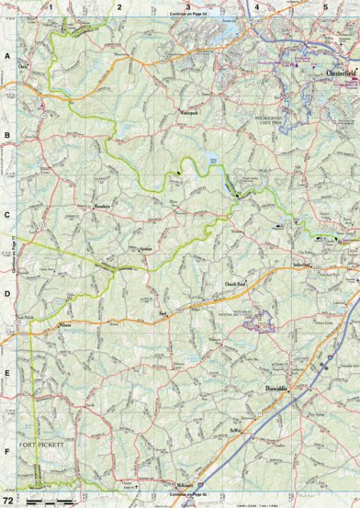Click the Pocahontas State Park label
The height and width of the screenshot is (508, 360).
tap(275, 119)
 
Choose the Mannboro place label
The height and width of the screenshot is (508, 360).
tap(102, 207)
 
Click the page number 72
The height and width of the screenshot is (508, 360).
tap(9, 500)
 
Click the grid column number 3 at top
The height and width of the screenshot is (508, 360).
tap(188, 6)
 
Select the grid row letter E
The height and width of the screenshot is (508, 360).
tap(7, 374)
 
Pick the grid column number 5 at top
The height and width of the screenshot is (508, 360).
tap(325, 6)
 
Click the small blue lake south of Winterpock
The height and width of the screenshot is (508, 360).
tap(215, 157)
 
